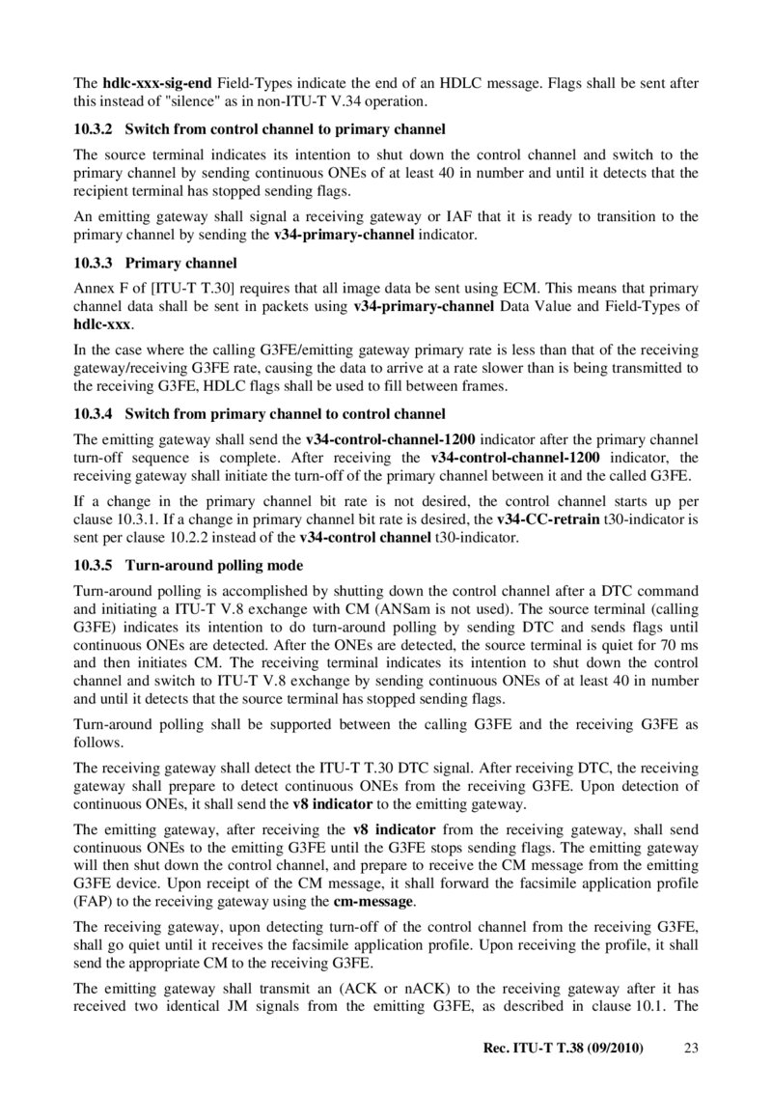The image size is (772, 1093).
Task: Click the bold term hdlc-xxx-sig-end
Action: pos(156,83)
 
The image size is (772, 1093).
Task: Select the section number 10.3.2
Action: pos(94,128)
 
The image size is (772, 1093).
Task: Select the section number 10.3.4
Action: pos(94,414)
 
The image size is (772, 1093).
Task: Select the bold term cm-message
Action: pos(374,902)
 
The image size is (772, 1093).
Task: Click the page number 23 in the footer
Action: pos(690,1048)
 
